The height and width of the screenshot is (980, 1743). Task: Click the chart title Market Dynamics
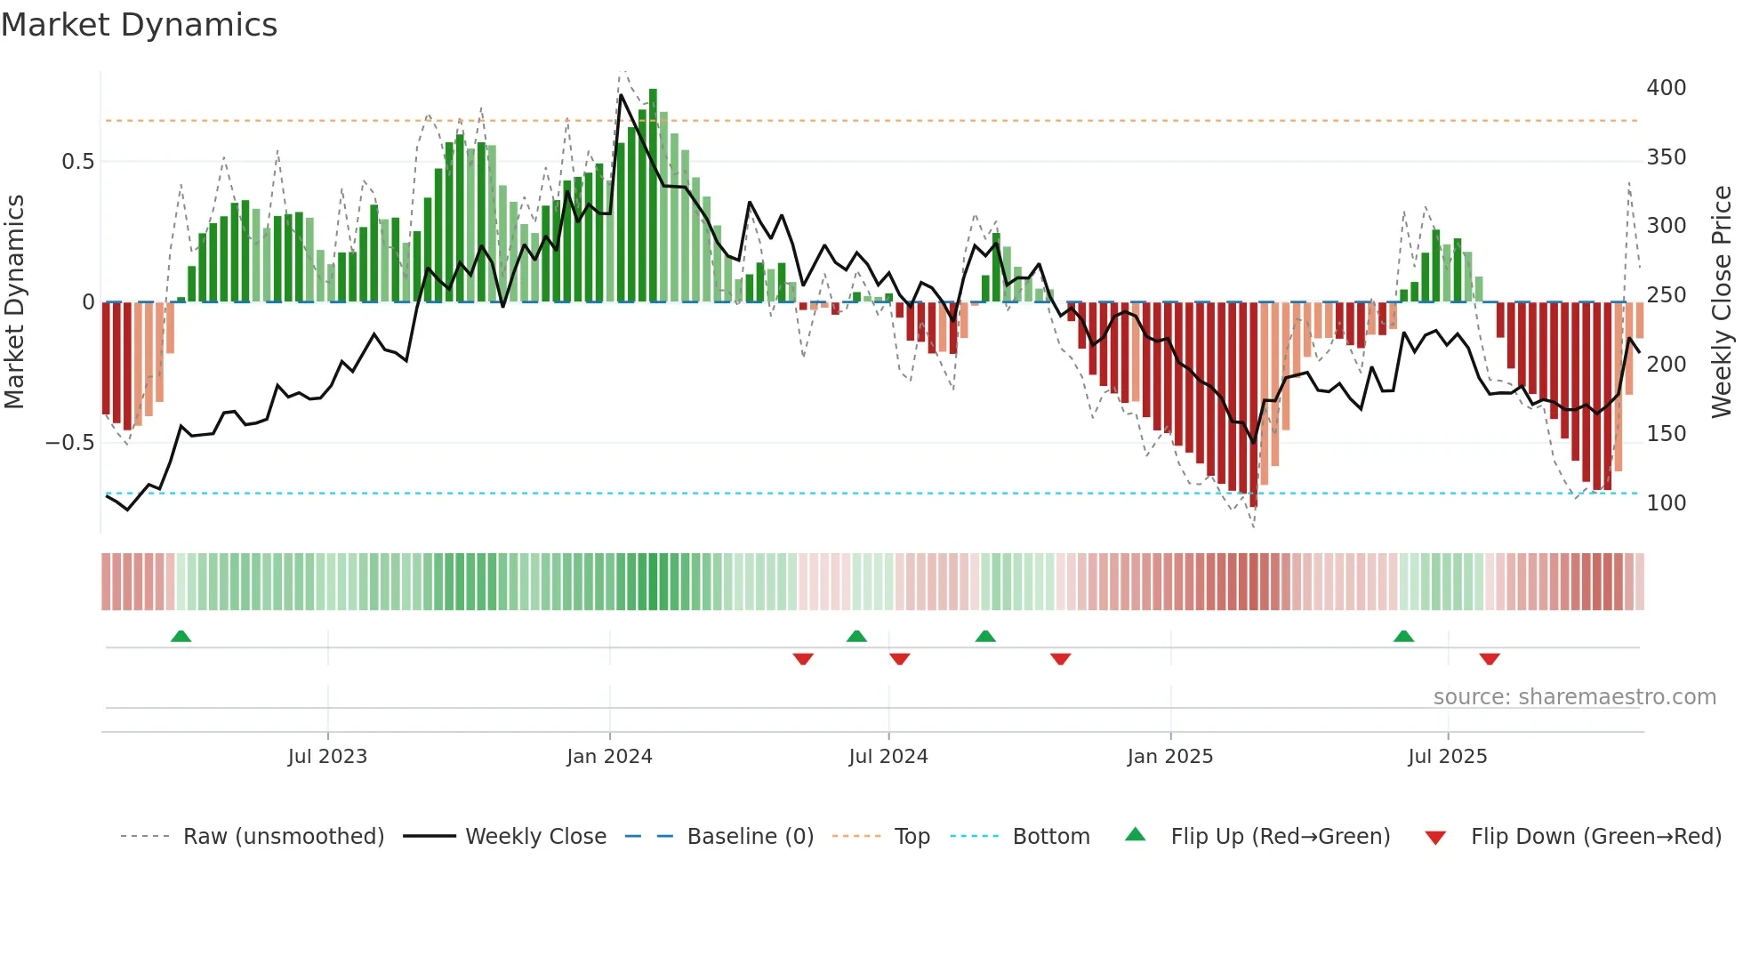pos(140,25)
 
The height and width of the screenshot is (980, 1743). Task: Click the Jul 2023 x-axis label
pos(327,757)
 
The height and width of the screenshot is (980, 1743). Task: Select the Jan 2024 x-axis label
pos(609,757)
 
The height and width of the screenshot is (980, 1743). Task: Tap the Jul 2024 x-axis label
pos(888,757)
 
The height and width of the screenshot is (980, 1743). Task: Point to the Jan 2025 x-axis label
pos(1169,757)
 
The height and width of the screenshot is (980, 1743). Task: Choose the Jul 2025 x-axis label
pos(1447,757)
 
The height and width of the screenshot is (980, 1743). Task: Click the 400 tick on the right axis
pos(1666,88)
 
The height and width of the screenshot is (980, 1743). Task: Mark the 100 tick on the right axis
pos(1666,503)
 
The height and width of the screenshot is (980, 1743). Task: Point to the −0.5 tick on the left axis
pos(69,443)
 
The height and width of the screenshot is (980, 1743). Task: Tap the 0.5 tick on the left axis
pos(77,162)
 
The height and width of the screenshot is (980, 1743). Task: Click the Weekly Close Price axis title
pos(1722,301)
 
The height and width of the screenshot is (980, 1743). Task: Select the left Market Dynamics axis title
pos(14,301)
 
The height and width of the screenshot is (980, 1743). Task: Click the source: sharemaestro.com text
pos(1574,697)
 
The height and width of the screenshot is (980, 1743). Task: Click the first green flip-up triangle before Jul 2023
pos(181,637)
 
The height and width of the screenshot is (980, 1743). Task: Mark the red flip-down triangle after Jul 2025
pos(1490,659)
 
